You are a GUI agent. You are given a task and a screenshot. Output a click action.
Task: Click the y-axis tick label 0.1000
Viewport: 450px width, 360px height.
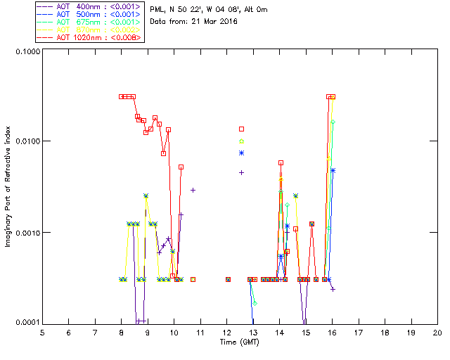click(x=25, y=52)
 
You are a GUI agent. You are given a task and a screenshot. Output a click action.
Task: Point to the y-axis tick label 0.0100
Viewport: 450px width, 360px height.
click(x=25, y=142)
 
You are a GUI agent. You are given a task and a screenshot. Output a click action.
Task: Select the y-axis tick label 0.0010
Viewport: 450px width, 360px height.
click(x=25, y=233)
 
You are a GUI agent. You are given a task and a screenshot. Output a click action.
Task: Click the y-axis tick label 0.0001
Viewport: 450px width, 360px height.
click(x=25, y=323)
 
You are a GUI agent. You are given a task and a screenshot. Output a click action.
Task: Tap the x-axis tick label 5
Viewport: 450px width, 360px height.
click(x=42, y=332)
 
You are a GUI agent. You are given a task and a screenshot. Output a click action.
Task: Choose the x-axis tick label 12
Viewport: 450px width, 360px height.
click(x=226, y=332)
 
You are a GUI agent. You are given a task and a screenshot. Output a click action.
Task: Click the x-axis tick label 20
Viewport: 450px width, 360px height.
click(x=437, y=332)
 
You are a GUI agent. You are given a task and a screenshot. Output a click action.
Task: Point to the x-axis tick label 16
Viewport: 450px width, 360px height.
click(x=332, y=332)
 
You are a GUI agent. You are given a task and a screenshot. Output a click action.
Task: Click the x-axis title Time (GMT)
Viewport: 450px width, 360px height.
click(x=239, y=342)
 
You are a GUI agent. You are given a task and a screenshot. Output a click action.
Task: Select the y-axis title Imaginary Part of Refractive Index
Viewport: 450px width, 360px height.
click(x=9, y=187)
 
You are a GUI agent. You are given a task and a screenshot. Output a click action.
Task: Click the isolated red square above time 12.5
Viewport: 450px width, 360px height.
click(x=241, y=129)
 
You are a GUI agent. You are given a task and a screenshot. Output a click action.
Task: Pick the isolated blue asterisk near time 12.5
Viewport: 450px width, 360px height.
click(x=241, y=153)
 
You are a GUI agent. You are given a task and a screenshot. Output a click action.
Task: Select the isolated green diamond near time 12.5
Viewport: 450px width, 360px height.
click(x=241, y=141)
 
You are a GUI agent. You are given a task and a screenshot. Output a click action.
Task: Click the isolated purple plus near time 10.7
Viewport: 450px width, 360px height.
click(x=193, y=190)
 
